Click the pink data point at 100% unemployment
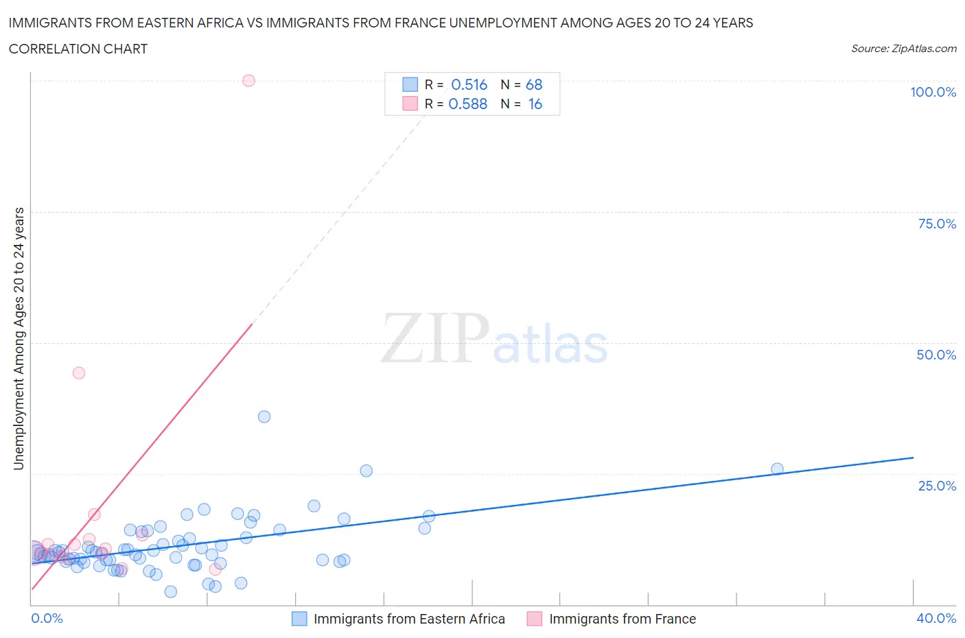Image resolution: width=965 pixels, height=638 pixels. (248, 80)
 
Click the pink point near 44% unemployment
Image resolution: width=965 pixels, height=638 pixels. (79, 373)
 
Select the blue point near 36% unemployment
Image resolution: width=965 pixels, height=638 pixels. (264, 416)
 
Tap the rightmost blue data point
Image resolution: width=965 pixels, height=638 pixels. (777, 469)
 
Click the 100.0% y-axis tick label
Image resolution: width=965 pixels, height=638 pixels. (933, 92)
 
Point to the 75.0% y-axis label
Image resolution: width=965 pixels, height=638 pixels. (937, 224)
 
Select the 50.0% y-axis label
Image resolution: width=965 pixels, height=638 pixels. (936, 355)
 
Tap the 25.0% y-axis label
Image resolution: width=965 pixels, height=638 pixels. (937, 486)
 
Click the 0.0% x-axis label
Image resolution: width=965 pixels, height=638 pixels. (47, 618)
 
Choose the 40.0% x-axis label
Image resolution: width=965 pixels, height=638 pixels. (936, 618)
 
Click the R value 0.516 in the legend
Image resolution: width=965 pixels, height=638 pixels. (469, 84)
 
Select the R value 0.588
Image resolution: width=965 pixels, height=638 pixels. (467, 104)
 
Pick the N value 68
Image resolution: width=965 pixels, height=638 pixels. (534, 84)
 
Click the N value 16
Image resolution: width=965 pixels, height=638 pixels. (535, 104)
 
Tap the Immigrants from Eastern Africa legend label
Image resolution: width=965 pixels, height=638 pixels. (409, 619)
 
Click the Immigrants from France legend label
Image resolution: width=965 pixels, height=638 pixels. (623, 619)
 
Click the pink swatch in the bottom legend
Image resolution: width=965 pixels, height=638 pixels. (535, 619)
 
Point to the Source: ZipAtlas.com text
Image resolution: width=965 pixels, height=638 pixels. (903, 49)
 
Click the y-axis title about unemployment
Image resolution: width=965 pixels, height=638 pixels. (19, 339)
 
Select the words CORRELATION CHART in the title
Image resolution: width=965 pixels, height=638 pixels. (78, 49)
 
